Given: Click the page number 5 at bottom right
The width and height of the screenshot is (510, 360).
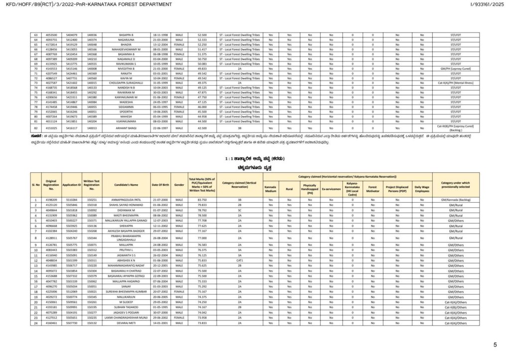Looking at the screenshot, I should click(495, 345).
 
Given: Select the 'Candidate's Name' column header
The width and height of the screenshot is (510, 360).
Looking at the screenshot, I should click(121, 185).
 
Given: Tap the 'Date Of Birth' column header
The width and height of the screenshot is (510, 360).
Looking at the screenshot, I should click(161, 185).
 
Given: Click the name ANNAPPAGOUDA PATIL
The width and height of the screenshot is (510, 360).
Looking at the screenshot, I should click(121, 200).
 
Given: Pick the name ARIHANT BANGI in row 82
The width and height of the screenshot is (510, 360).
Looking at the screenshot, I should click(121, 128).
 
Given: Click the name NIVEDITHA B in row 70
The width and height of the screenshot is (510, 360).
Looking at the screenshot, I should click(121, 69).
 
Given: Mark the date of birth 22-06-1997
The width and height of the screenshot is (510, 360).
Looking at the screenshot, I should click(161, 128).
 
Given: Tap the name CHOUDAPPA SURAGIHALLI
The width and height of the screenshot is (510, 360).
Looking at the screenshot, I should click(121, 83).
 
